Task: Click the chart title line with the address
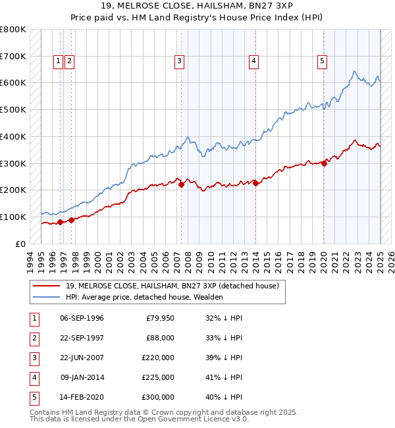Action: click(197, 6)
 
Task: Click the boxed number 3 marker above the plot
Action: click(179, 61)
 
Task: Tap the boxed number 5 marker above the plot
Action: click(322, 61)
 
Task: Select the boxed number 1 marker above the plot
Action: click(59, 61)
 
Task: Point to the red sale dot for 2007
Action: click(181, 185)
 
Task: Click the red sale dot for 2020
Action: click(324, 164)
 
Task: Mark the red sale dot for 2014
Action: click(255, 184)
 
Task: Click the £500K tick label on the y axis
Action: click(13, 109)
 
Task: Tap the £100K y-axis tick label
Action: click(13, 217)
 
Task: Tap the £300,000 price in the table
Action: click(158, 397)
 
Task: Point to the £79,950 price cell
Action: click(159, 318)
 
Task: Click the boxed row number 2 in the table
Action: click(34, 338)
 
